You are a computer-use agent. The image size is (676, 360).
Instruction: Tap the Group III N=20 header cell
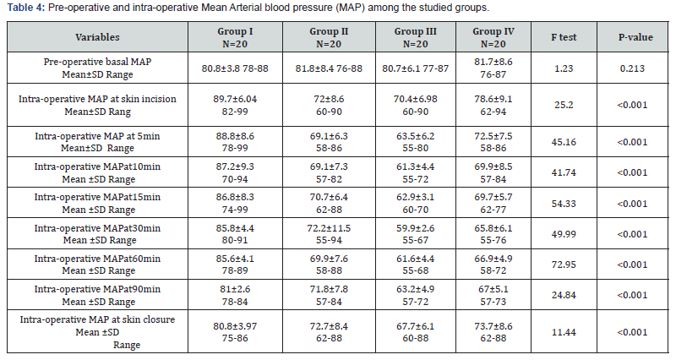[x=414, y=37]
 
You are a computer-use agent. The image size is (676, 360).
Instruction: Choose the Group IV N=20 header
[x=497, y=37]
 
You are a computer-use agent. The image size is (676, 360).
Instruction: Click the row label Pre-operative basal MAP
[x=97, y=62]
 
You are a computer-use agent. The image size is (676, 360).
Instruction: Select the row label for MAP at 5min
[x=97, y=135]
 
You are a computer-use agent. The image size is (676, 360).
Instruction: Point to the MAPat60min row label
[x=97, y=259]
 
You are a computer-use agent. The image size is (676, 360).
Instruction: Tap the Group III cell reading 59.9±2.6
[x=414, y=227]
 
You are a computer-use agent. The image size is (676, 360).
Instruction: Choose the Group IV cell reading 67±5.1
[x=497, y=289]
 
